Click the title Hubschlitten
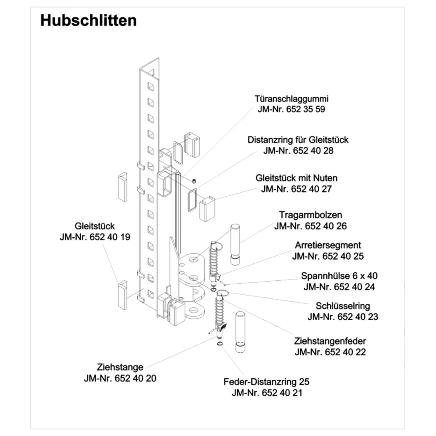pos(88,20)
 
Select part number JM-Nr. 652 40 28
pos(299,151)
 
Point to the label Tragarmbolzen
pos(310,215)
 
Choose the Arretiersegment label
pos(327,245)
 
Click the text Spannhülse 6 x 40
pos(339,276)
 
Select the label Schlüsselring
pos(342,306)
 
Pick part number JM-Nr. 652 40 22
pos(330,352)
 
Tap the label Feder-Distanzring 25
pos(266,381)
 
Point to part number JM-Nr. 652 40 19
pos(95,237)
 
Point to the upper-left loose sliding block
pos(123,187)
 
